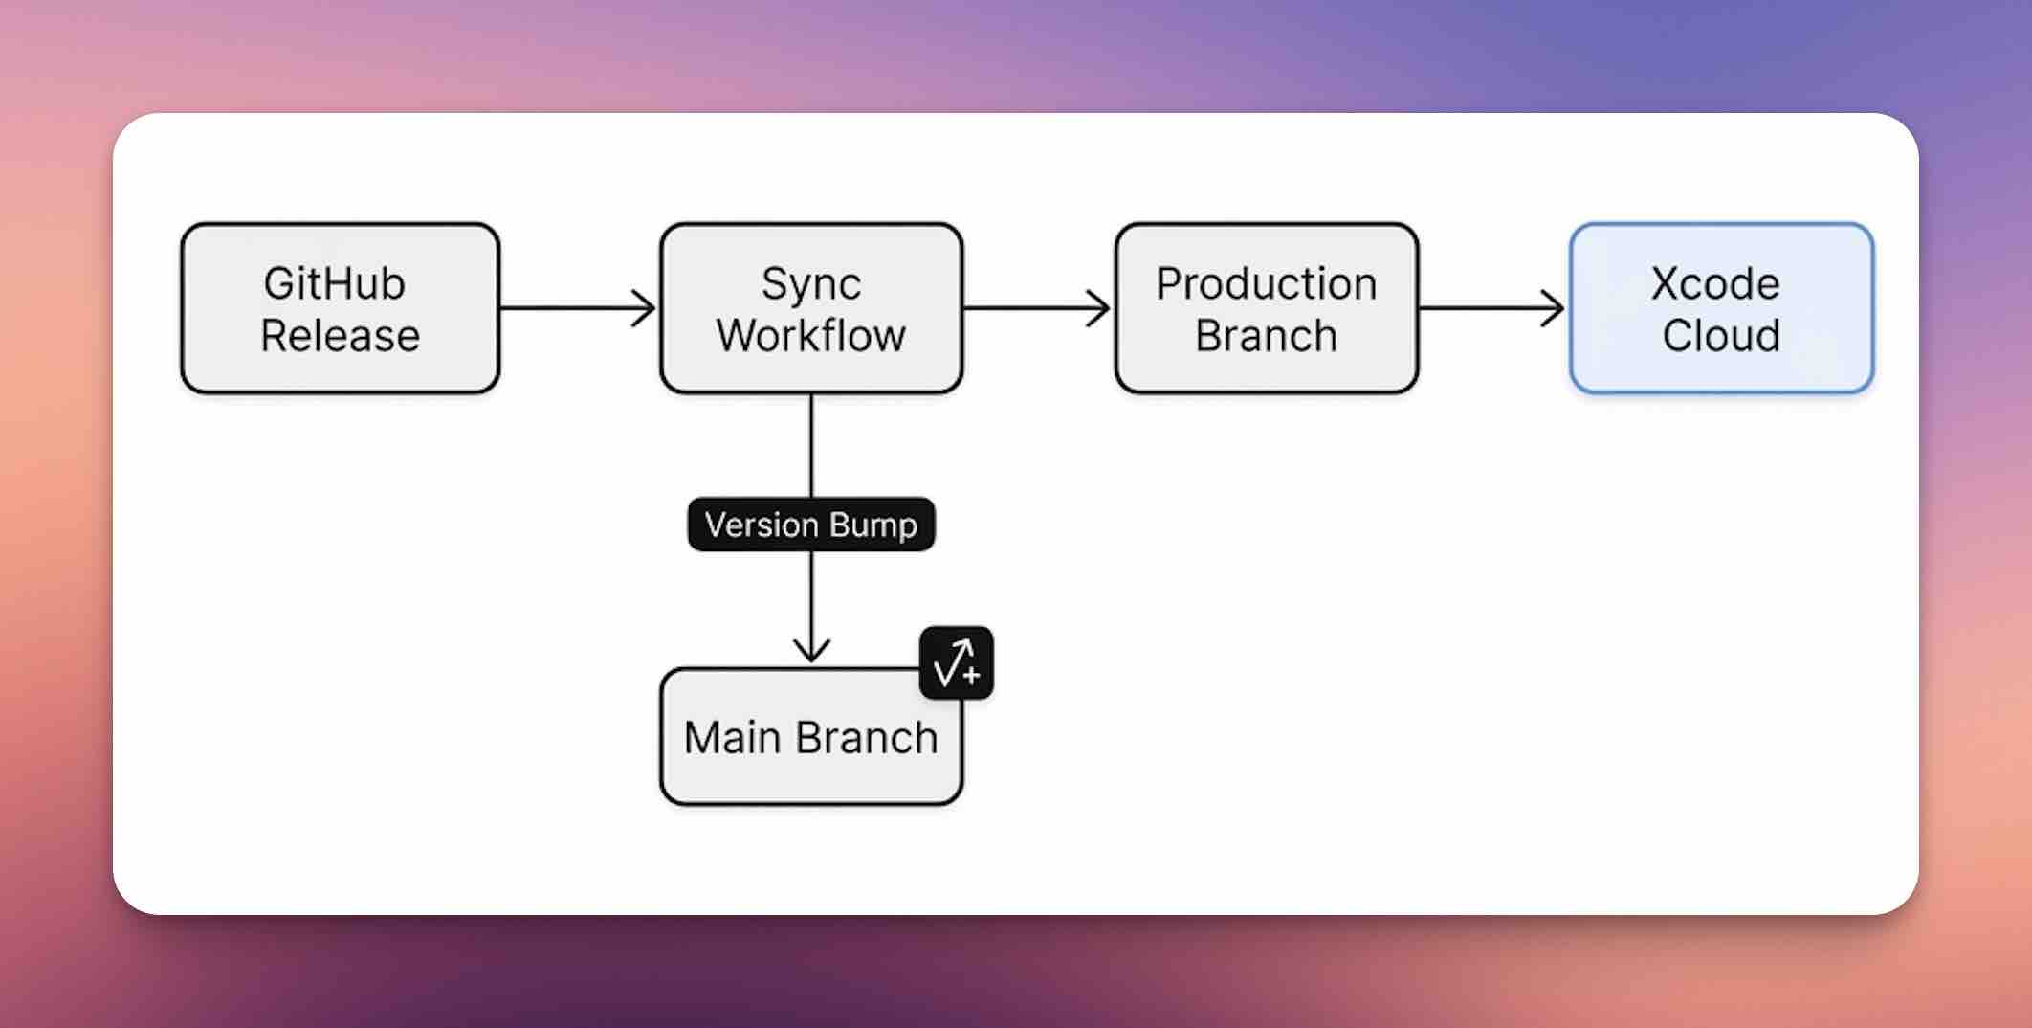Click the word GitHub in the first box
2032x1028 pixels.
coord(334,284)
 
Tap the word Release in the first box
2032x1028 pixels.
coord(340,336)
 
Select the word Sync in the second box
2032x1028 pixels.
coord(810,284)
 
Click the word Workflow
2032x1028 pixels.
coord(810,336)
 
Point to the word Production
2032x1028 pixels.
coord(1266,284)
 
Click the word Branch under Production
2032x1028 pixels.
coord(1266,336)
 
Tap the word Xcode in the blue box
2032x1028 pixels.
coord(1714,284)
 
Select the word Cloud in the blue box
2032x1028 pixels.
coord(1720,336)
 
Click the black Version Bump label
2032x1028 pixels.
coord(811,525)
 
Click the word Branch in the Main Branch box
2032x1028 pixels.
coord(867,738)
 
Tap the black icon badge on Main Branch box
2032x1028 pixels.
coord(956,662)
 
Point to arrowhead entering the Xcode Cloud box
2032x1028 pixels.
coord(1555,308)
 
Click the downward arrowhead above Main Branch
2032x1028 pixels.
coord(811,651)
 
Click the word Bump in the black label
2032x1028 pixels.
coord(872,525)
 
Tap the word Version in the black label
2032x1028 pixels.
coord(762,525)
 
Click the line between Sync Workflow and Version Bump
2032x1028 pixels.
coord(811,445)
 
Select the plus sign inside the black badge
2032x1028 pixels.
coord(972,676)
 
